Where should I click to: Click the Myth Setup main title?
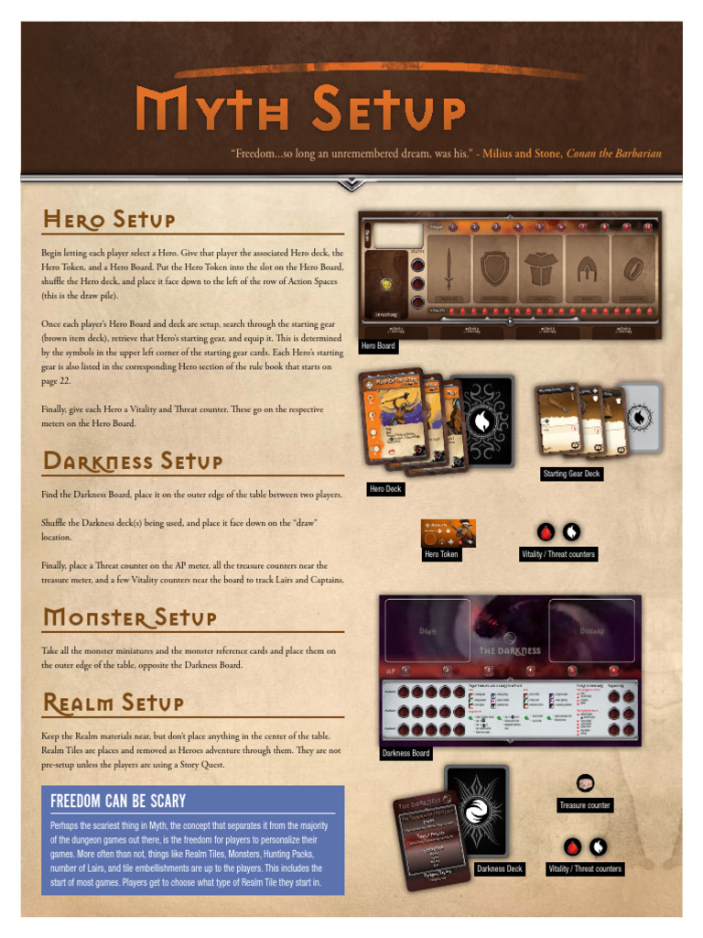[x=300, y=111]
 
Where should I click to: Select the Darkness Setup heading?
[x=132, y=461]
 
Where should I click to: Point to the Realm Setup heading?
[x=113, y=703]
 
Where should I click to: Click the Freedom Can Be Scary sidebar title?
[x=118, y=802]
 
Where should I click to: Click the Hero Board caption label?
[x=378, y=346]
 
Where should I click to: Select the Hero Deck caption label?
[x=385, y=489]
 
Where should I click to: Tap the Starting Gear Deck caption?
[x=571, y=474]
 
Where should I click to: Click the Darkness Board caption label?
[x=406, y=753]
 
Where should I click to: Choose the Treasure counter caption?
[x=585, y=805]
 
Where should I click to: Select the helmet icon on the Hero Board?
[x=587, y=267]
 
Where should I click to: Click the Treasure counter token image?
[x=585, y=782]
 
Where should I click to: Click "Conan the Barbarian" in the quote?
[x=613, y=154]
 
